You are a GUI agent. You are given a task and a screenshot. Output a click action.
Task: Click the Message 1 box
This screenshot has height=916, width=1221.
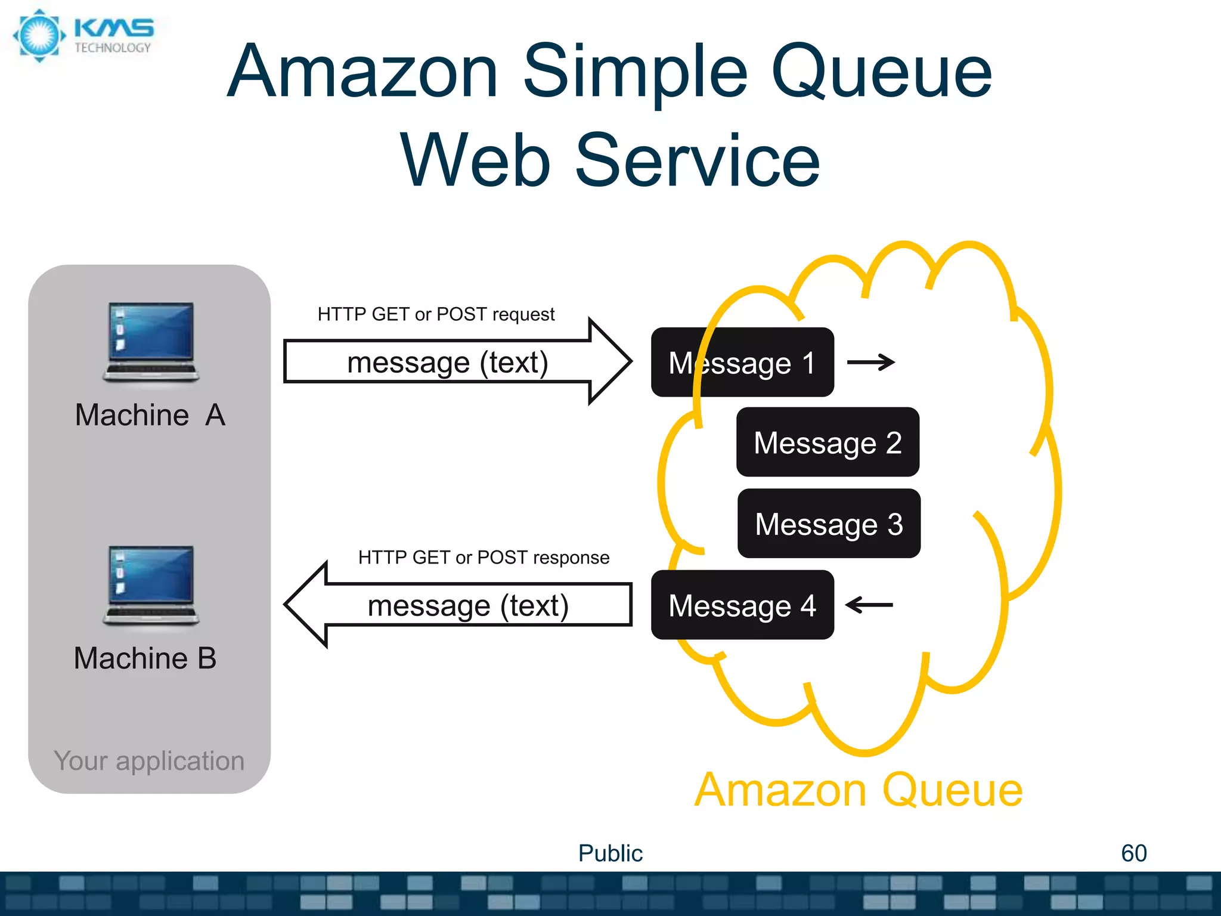click(x=742, y=362)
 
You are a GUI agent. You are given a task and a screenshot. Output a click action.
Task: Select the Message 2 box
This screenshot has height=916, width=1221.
click(x=828, y=442)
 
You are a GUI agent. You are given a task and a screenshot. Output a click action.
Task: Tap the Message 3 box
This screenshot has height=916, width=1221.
click(x=829, y=524)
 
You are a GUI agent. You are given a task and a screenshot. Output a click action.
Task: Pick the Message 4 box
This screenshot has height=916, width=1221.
click(x=742, y=605)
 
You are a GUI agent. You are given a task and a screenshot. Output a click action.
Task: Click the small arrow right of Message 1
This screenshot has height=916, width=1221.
click(x=871, y=362)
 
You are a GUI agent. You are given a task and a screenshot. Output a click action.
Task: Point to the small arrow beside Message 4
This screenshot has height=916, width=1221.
click(x=869, y=605)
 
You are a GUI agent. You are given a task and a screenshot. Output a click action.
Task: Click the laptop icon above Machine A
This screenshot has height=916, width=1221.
click(x=151, y=341)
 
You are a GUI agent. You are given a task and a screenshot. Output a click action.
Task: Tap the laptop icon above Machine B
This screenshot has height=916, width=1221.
click(x=151, y=584)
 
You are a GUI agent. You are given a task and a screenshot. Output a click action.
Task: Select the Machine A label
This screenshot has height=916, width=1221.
click(x=150, y=414)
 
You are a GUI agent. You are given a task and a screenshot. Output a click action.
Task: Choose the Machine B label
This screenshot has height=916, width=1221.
click(x=145, y=658)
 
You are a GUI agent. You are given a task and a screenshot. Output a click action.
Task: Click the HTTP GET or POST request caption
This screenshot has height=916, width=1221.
click(x=436, y=314)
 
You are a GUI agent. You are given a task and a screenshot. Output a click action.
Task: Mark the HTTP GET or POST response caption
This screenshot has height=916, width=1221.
click(x=484, y=558)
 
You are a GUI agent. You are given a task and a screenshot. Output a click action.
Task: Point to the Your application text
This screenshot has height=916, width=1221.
click(x=149, y=760)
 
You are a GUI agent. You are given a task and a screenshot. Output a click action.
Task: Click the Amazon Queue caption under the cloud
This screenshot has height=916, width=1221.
click(x=859, y=790)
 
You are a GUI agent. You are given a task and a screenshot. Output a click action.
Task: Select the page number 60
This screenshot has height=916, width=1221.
click(x=1133, y=853)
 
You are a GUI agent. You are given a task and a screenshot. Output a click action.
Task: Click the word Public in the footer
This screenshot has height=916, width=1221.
click(x=610, y=853)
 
